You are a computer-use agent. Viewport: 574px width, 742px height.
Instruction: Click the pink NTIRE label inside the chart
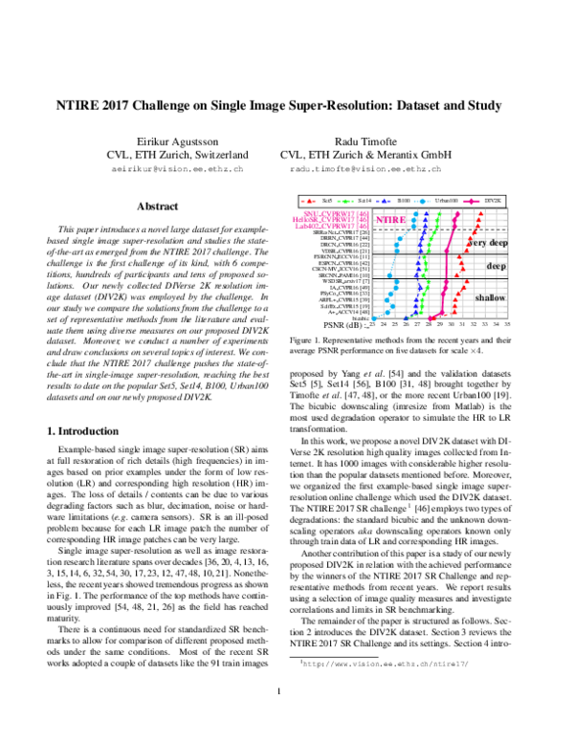tap(389, 219)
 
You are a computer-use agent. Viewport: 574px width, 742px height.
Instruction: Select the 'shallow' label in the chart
tap(490, 298)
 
